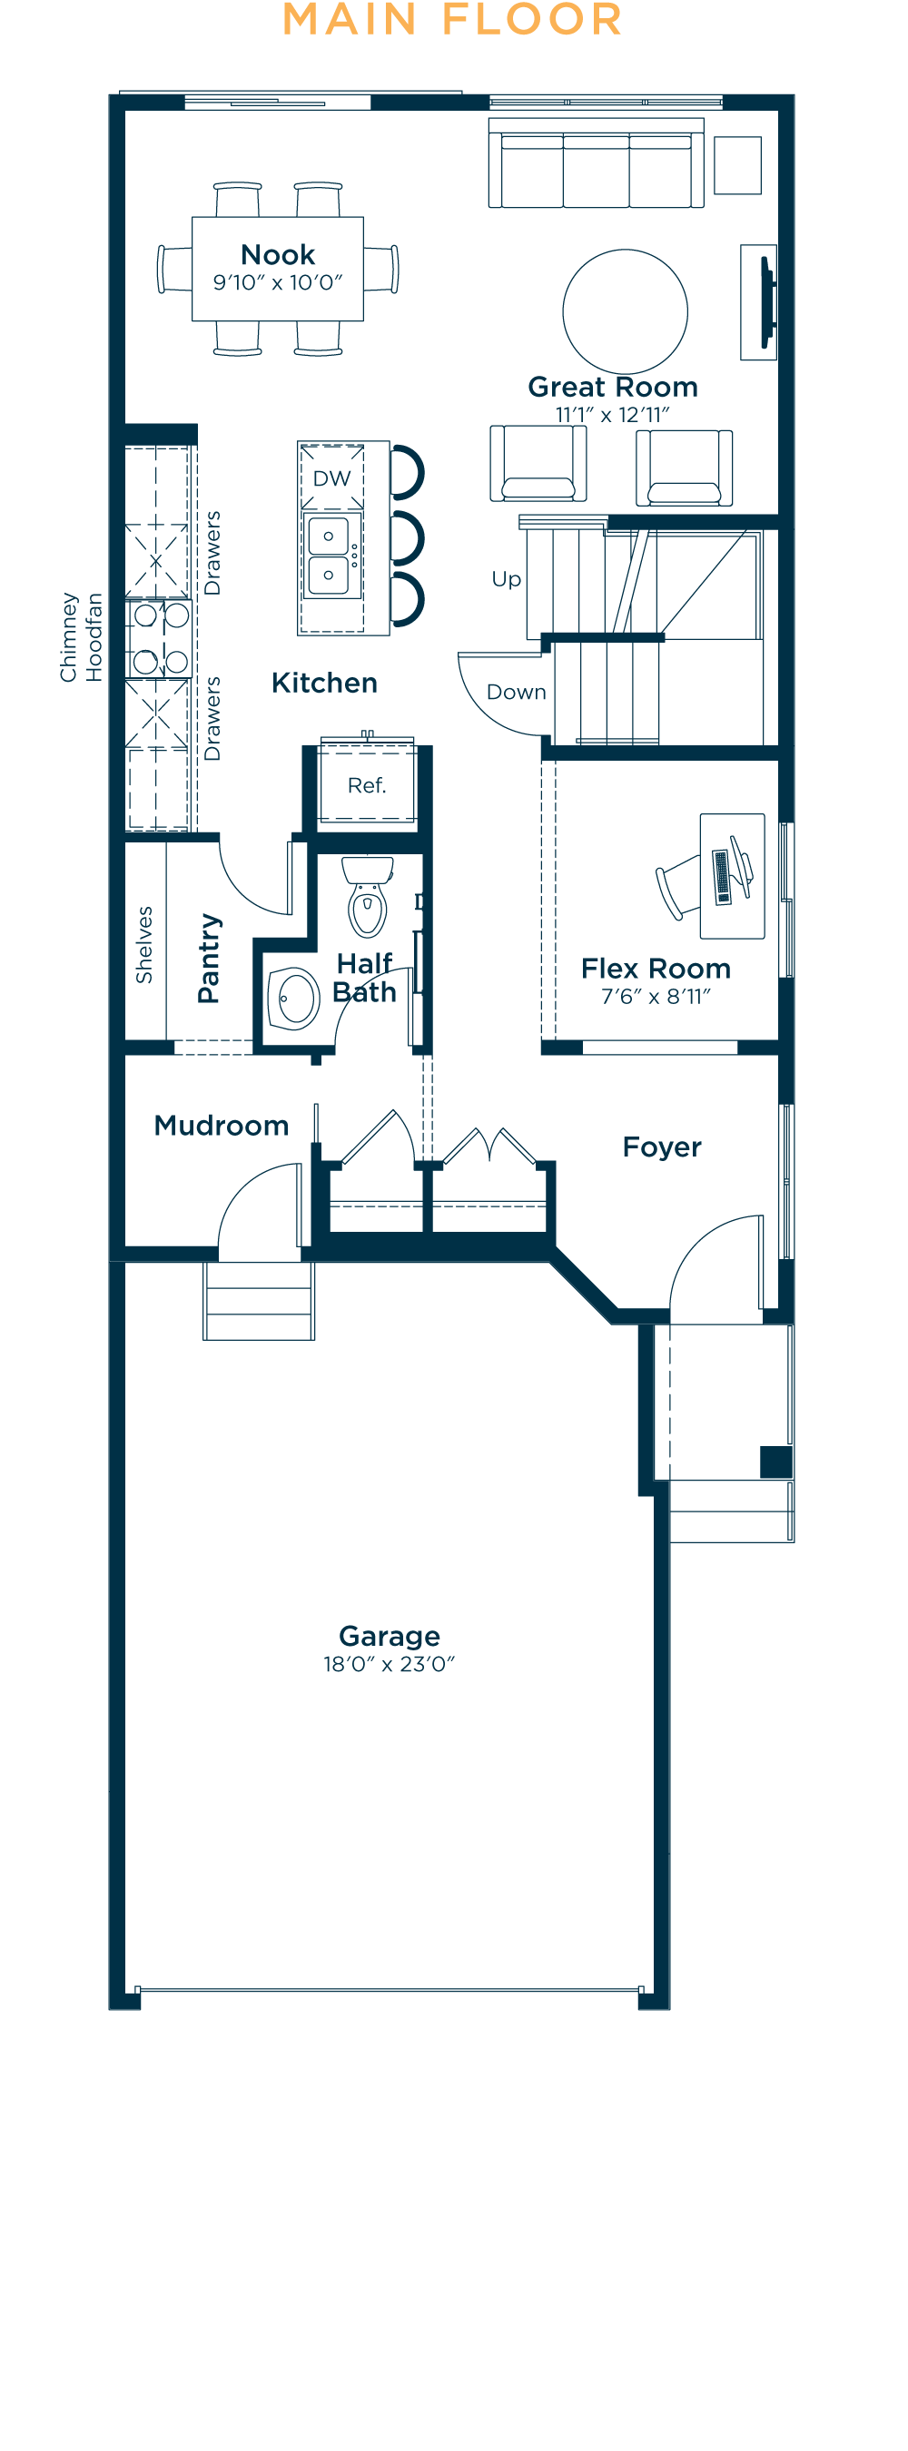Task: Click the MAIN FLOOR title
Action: (453, 20)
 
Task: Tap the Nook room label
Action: (278, 255)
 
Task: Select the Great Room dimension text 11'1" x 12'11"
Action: (613, 415)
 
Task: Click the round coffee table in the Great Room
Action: (626, 311)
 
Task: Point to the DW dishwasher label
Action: (332, 478)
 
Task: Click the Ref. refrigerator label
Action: (367, 785)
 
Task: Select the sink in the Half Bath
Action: (293, 999)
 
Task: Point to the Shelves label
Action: (143, 945)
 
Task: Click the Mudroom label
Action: (222, 1126)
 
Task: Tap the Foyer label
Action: (663, 1147)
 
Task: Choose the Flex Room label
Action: (656, 969)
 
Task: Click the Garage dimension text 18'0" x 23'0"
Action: (390, 1664)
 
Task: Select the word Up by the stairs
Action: (507, 579)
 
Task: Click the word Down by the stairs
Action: (517, 692)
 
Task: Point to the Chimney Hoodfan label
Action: (81, 637)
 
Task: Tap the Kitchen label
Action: (324, 684)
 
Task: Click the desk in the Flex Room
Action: (732, 876)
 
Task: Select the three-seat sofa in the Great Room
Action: (596, 163)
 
